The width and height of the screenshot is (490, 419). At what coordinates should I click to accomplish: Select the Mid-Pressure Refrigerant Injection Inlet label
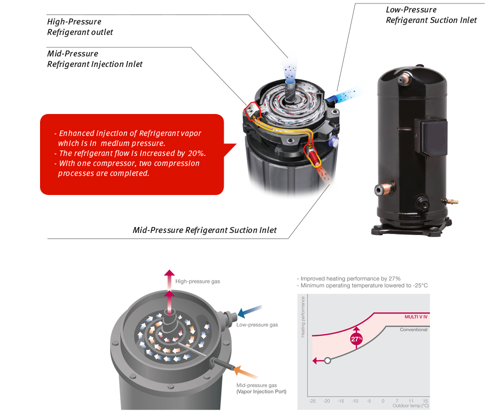click(95, 59)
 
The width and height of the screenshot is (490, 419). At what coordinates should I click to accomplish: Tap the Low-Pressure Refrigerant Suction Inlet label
click(431, 15)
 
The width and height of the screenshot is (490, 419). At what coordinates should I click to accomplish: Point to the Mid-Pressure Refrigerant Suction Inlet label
click(204, 230)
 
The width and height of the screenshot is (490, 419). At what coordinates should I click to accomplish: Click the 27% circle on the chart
click(356, 338)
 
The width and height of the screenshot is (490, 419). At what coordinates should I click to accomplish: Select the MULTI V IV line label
click(416, 317)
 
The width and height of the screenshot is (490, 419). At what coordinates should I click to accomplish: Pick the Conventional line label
click(413, 329)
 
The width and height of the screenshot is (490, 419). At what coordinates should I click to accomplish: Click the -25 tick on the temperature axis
click(312, 401)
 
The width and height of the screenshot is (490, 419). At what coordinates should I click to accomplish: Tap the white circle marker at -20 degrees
click(327, 360)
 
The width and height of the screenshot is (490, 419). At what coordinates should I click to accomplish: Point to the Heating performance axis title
click(303, 317)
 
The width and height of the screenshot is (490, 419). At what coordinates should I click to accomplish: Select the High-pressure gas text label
click(198, 281)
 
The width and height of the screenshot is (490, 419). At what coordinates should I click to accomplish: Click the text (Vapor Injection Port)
click(261, 391)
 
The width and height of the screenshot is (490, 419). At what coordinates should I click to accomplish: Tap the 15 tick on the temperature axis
click(425, 401)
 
